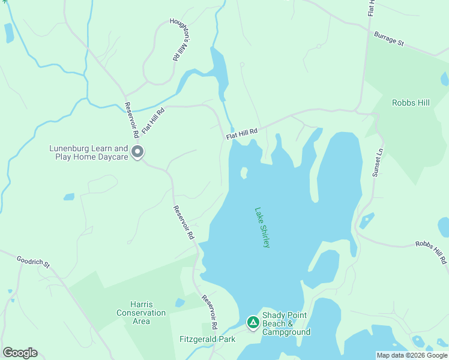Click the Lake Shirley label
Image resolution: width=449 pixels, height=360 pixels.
(x=263, y=228)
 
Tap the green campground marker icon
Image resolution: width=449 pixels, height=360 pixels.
(x=253, y=323)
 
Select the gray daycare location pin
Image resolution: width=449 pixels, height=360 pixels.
(x=137, y=152)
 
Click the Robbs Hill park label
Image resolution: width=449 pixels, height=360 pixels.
(x=411, y=103)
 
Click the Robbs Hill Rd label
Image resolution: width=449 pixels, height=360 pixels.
(x=431, y=253)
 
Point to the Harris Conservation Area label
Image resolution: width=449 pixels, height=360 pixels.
(x=141, y=313)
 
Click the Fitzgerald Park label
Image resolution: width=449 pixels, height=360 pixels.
(x=207, y=339)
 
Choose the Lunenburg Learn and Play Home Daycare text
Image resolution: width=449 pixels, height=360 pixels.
(x=88, y=152)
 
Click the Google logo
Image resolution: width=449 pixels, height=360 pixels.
(x=20, y=353)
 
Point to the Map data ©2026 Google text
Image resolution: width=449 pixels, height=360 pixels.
(x=411, y=355)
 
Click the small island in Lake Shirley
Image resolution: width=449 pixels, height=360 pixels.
(x=244, y=173)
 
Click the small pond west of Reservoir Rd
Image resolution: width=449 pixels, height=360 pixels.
(x=69, y=197)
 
